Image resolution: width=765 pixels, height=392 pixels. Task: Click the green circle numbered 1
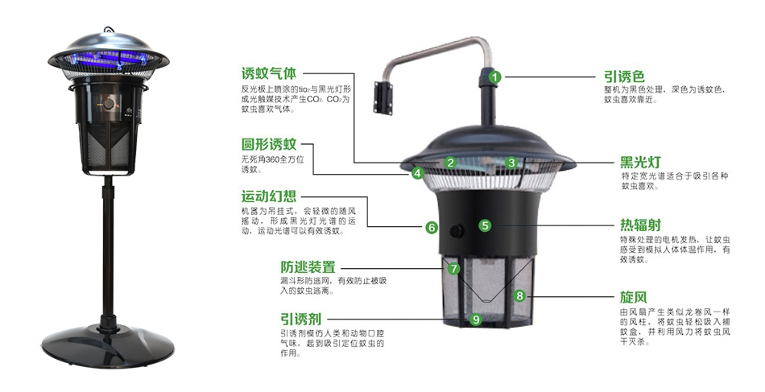495,77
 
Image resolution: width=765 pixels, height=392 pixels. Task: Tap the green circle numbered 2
450,163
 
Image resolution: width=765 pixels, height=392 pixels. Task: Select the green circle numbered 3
511,163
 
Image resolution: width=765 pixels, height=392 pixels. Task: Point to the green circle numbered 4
417,172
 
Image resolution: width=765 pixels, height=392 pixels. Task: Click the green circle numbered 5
485,225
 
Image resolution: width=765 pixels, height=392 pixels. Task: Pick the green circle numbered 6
432,227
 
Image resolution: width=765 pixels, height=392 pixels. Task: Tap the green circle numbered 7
453,269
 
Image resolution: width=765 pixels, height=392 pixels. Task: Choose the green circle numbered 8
519,295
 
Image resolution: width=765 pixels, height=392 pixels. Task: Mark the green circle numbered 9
476,320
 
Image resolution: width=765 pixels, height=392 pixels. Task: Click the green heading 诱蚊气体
269,73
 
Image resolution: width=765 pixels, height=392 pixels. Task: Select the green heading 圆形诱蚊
269,144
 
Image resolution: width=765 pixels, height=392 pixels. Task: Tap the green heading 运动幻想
269,196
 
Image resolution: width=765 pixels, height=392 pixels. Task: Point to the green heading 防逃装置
308,267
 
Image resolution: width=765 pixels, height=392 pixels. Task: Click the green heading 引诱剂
301,319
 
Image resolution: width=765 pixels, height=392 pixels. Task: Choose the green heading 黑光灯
640,162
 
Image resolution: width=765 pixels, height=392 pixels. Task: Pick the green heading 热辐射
640,225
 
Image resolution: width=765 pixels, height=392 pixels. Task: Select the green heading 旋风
633,296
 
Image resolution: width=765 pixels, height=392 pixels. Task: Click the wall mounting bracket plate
383,98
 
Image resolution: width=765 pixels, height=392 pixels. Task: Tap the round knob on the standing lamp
109,104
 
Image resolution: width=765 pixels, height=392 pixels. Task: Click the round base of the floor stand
108,345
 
